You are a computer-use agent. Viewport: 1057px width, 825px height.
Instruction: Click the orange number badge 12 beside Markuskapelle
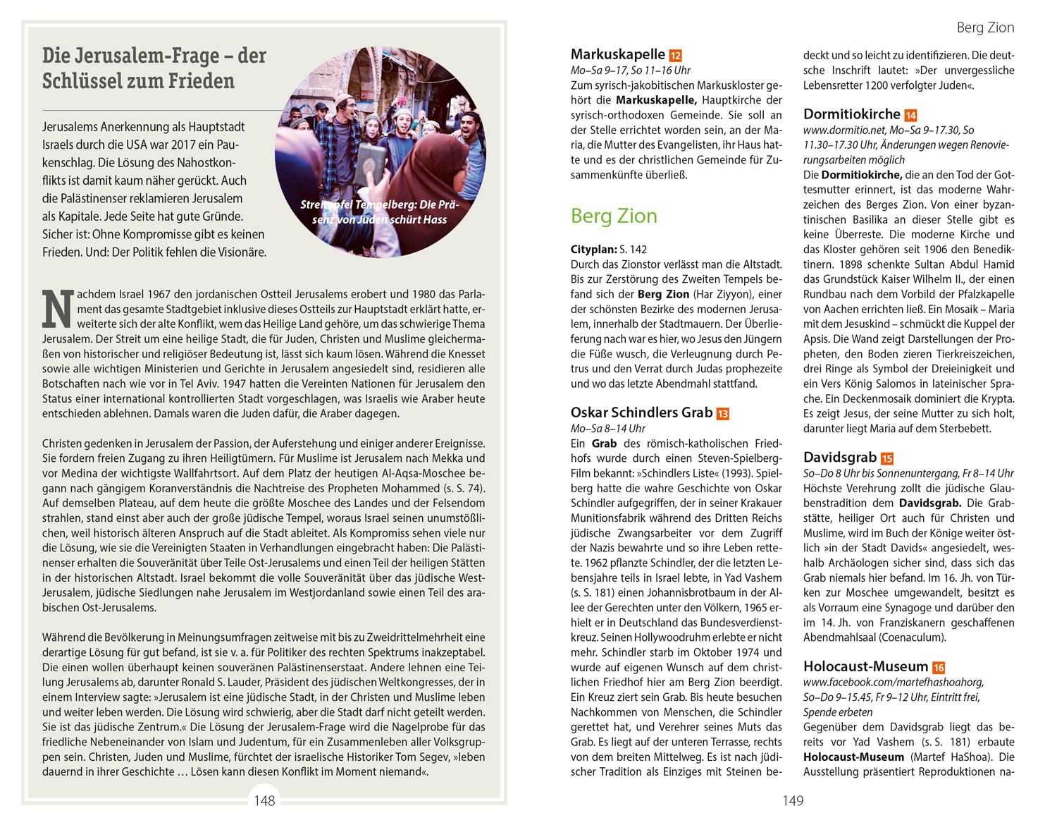click(x=675, y=56)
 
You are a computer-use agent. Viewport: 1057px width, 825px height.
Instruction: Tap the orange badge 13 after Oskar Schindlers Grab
click(x=722, y=414)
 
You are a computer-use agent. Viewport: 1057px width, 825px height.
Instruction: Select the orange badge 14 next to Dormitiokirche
click(x=910, y=116)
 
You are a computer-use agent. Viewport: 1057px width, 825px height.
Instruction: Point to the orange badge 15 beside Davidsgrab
click(x=886, y=459)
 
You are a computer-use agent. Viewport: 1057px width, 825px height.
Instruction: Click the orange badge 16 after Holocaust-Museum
click(x=938, y=668)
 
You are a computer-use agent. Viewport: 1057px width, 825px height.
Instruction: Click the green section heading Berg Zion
click(x=614, y=216)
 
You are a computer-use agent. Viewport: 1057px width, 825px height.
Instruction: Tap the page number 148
click(x=265, y=800)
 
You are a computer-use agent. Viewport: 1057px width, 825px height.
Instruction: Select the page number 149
click(x=793, y=800)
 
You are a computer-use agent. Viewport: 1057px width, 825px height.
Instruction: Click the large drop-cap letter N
click(x=56, y=309)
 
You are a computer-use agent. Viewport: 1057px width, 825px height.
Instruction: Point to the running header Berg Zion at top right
click(x=985, y=28)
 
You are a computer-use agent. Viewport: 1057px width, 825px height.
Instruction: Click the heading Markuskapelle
click(x=618, y=54)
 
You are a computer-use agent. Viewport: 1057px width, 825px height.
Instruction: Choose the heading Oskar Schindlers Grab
click(x=641, y=412)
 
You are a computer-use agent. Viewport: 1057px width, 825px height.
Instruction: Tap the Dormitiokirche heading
click(x=851, y=114)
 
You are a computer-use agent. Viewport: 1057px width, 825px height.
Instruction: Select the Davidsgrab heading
click(x=838, y=458)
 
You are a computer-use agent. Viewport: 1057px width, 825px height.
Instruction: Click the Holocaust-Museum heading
click(x=865, y=666)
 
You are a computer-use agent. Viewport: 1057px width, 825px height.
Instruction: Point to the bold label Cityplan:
click(x=593, y=250)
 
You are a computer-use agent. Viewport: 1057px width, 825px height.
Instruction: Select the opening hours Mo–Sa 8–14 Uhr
click(x=608, y=429)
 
